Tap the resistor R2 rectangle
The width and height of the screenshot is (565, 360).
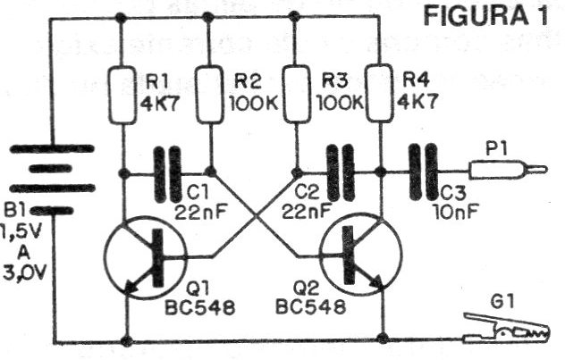coord(211,94)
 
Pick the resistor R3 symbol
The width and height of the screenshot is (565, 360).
coord(294,94)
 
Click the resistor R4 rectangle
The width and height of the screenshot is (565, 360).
coord(380,94)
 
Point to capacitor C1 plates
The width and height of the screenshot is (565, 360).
coord(168,172)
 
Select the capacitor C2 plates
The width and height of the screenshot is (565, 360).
coord(337,172)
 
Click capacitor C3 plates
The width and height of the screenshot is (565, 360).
coord(423,172)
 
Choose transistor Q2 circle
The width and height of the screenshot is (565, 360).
coord(358,257)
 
